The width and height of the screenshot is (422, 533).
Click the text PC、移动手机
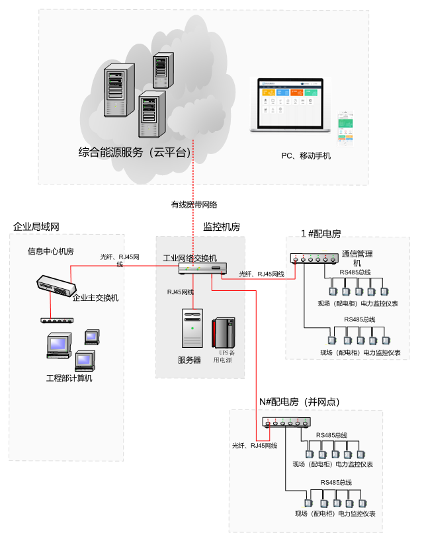(306, 156)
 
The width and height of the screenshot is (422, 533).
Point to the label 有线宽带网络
(194, 204)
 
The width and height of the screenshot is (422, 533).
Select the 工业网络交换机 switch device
(202, 268)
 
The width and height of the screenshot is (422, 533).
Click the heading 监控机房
(221, 227)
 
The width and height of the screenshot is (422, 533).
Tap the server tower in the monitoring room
(192, 328)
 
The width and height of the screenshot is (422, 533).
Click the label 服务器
(189, 360)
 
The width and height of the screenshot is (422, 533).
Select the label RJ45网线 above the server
(180, 292)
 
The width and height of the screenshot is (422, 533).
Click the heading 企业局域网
(36, 227)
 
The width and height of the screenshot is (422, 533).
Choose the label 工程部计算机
(69, 378)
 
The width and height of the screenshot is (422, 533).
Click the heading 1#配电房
(321, 233)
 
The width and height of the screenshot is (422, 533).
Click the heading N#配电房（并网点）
(306, 401)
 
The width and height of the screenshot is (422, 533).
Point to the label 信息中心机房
(50, 251)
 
